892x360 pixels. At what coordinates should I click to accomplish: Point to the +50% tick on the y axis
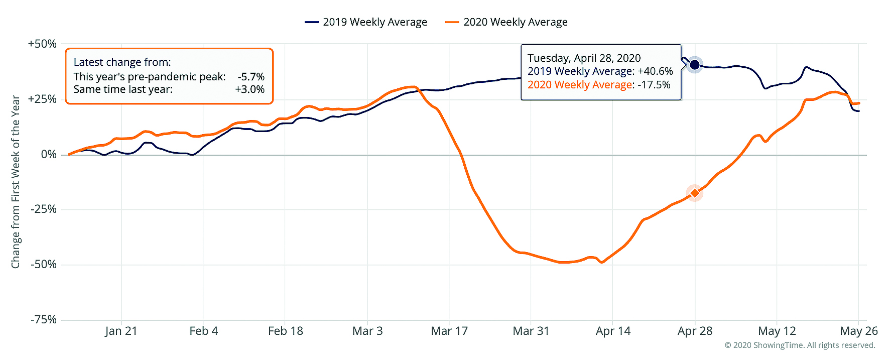point(42,44)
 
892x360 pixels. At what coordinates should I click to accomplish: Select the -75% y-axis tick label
point(44,320)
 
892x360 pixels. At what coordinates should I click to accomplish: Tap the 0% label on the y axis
point(49,154)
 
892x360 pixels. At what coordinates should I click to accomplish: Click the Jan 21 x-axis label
point(121,331)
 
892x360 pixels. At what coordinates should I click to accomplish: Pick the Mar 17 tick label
point(449,331)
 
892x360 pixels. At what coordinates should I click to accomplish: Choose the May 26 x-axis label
point(858,331)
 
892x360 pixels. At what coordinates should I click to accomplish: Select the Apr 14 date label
point(613,331)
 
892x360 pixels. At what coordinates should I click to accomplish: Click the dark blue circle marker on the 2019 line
point(695,65)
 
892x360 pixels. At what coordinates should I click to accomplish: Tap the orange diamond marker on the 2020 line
point(695,193)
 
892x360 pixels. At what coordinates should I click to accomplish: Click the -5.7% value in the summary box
point(251,77)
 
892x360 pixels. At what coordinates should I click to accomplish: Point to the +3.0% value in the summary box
point(249,89)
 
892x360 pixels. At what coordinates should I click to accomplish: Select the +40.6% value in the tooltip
point(655,71)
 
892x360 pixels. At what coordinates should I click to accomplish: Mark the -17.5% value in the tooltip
point(654,85)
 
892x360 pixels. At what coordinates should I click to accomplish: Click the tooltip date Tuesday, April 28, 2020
point(584,58)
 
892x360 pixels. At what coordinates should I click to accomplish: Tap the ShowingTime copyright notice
point(800,345)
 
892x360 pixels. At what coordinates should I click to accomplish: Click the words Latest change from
point(122,62)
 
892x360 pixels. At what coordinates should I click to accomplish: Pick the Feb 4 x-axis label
point(203,331)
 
